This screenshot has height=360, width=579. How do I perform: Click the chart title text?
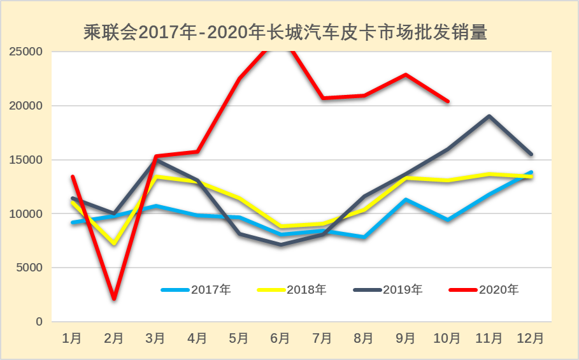coord(285,32)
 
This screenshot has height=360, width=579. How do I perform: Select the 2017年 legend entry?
coord(211,290)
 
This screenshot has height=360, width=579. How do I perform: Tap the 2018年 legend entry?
coord(306,290)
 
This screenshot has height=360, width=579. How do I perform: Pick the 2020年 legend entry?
coord(499,290)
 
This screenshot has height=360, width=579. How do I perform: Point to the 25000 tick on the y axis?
coord(26,52)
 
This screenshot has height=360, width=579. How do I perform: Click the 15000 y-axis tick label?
coord(26,160)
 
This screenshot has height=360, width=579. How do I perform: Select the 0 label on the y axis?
coord(39,322)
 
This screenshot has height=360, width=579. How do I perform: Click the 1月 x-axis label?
coord(72,338)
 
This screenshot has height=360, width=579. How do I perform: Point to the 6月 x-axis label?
coord(280,338)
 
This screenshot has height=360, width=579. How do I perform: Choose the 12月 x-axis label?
coord(531,338)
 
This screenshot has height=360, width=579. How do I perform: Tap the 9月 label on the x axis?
coord(406,338)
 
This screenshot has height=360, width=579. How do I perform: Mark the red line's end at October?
coord(448,101)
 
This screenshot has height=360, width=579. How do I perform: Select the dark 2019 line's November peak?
coord(489,116)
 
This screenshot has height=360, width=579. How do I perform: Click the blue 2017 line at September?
coord(406,199)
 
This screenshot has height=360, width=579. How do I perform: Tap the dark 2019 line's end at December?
coord(531,154)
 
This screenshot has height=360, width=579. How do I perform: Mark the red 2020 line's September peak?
coord(406,75)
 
